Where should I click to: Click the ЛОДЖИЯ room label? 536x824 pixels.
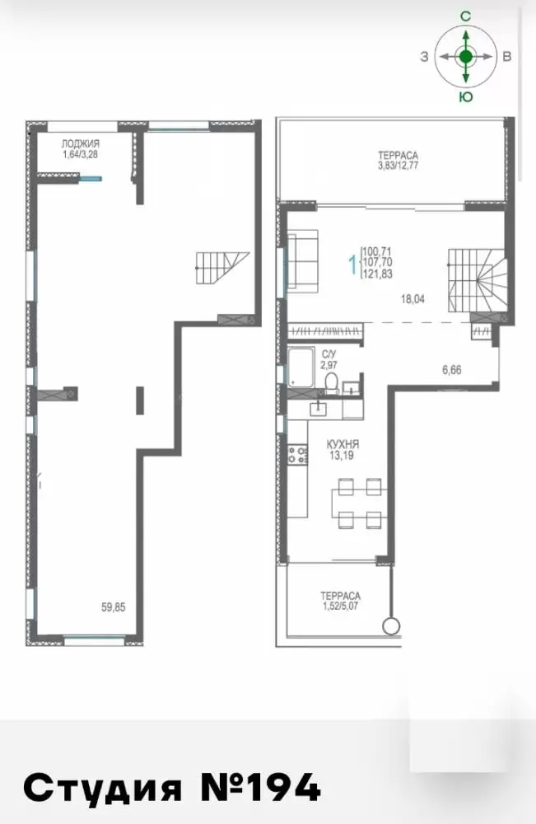[81, 143]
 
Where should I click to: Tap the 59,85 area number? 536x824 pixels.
[114, 607]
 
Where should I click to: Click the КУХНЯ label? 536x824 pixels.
[343, 445]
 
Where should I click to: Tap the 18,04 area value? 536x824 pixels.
[412, 300]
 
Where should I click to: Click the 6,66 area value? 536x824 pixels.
[451, 370]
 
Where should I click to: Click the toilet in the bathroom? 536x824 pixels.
[331, 384]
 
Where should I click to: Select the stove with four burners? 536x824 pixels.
[297, 455]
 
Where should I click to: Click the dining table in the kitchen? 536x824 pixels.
[360, 503]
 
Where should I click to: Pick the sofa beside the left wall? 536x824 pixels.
[303, 261]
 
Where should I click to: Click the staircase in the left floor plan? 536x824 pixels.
[222, 268]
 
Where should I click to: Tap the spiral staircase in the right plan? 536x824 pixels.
[478, 279]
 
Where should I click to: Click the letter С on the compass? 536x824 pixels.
[466, 16]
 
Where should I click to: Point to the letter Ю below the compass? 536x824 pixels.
[466, 97]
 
